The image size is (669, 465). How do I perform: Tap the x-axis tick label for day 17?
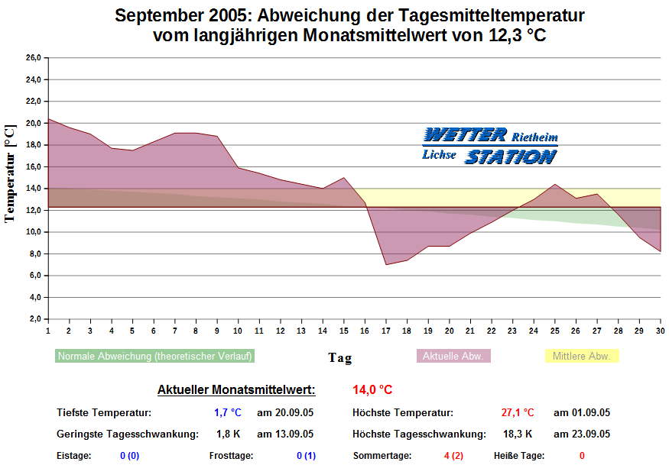click(386, 331)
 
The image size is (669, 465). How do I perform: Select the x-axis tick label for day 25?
click(555, 331)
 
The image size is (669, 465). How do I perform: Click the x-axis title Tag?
click(340, 357)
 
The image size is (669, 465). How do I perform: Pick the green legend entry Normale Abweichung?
click(155, 356)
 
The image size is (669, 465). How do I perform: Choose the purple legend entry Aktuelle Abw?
click(453, 356)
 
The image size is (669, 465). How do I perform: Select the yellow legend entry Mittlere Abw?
click(581, 356)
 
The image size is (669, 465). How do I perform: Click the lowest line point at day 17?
click(386, 264)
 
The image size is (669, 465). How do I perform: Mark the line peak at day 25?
click(555, 184)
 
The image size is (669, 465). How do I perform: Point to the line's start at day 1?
click(48, 118)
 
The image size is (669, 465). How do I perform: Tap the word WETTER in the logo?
click(465, 136)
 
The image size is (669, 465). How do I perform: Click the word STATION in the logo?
click(511, 157)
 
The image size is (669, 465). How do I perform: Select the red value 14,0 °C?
click(372, 389)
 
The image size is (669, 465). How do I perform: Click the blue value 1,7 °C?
click(227, 413)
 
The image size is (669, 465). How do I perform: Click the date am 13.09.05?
click(284, 434)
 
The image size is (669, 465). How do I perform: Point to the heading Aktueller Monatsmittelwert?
click(236, 389)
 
